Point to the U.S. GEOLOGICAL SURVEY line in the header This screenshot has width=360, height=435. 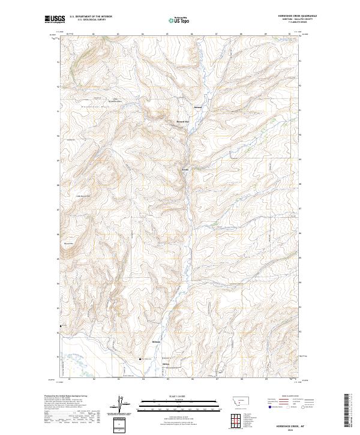coord(91,20)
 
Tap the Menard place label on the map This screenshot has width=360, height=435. coord(199,108)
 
